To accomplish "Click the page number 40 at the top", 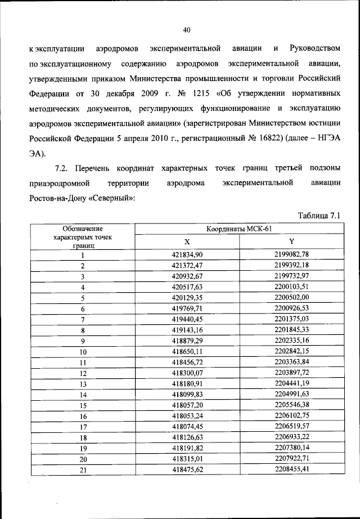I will click(188, 30).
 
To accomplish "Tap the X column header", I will click(187, 241).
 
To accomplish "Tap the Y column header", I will click(292, 241).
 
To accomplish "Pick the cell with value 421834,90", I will click(187, 255).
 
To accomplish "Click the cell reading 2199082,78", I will click(292, 255).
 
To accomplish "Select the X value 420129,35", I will click(187, 298).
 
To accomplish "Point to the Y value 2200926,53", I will click(292, 309).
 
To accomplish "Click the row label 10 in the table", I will click(82, 352).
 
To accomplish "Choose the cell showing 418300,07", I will click(187, 373).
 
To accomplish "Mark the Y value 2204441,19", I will click(292, 384).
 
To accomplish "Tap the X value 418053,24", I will click(187, 416).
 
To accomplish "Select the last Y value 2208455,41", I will click(292, 470).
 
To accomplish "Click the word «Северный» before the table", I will click(112, 199).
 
